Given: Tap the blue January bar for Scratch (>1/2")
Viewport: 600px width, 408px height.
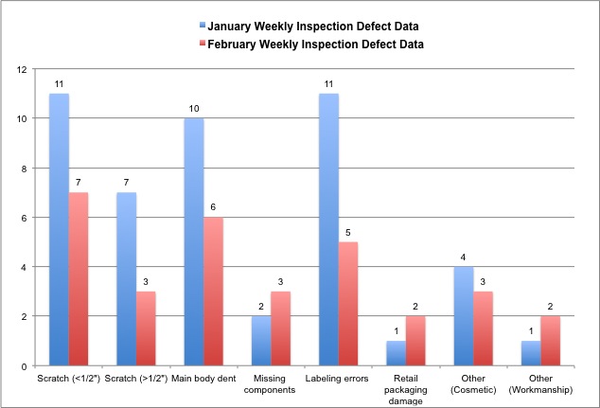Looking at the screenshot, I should click(x=127, y=278).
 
